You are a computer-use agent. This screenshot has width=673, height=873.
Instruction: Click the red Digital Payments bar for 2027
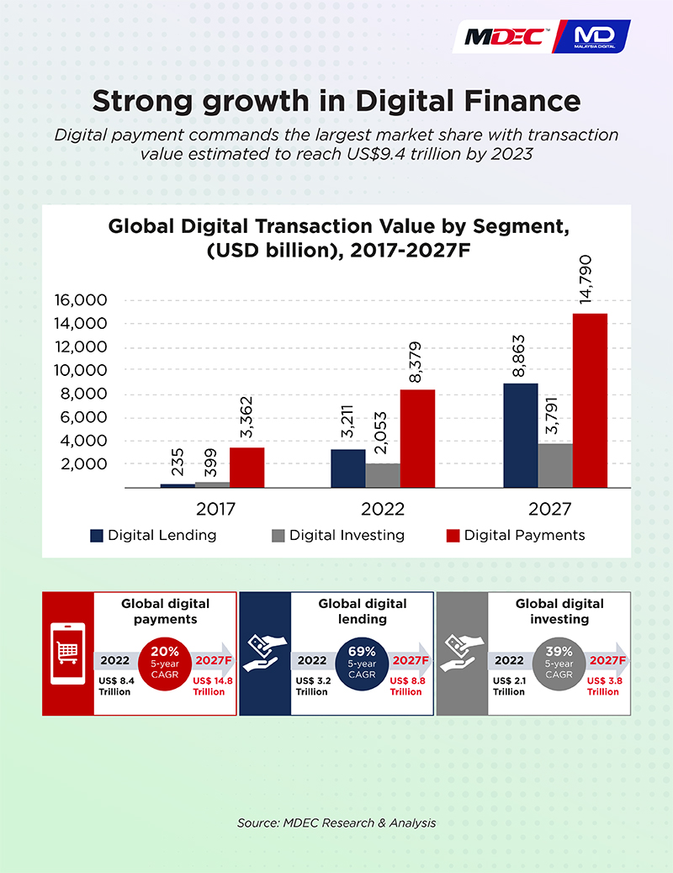(x=590, y=400)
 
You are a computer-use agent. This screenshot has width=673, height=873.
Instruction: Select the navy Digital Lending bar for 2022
(x=348, y=468)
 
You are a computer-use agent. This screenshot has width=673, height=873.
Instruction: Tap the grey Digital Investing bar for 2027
(x=555, y=465)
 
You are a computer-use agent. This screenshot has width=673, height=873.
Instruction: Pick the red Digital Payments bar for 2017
(x=246, y=468)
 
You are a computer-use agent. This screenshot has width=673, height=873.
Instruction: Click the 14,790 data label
(x=585, y=279)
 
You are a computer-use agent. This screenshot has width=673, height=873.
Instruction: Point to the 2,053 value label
(x=380, y=432)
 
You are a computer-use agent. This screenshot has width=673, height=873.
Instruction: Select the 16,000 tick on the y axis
(x=80, y=300)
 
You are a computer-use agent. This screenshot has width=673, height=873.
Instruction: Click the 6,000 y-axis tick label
(x=83, y=417)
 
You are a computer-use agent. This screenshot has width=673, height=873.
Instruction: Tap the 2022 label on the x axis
(x=383, y=509)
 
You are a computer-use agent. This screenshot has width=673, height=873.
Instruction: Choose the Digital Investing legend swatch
(x=278, y=536)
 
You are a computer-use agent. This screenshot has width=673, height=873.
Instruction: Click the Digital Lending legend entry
(x=153, y=535)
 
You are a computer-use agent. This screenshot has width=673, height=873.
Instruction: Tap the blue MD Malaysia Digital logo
(x=592, y=37)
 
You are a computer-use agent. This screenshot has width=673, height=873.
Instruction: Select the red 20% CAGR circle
(x=165, y=664)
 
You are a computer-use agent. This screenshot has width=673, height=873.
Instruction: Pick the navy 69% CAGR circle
(x=362, y=664)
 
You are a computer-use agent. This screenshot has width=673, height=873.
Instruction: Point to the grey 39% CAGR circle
(x=559, y=664)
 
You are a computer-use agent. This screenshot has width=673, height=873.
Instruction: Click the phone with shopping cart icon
(x=68, y=653)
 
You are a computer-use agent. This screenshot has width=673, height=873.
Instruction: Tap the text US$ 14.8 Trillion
(x=213, y=686)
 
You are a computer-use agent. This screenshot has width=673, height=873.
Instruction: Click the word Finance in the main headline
(x=522, y=101)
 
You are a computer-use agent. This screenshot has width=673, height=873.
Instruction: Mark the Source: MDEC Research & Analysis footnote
(x=336, y=823)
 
